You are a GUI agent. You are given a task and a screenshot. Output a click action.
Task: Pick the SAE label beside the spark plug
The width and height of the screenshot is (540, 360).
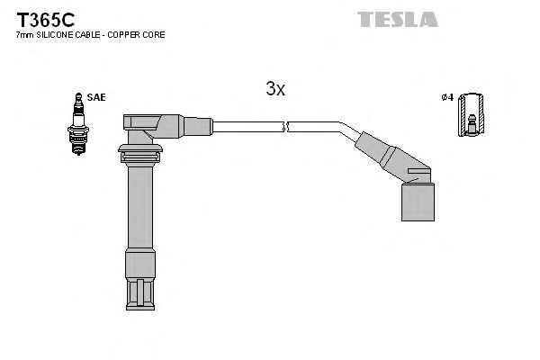pyautogui.click(x=95, y=96)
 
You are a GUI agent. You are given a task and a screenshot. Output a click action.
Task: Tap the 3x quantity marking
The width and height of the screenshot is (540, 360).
pyautogui.click(x=275, y=88)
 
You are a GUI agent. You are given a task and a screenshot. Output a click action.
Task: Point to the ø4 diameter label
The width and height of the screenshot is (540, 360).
pyautogui.click(x=447, y=96)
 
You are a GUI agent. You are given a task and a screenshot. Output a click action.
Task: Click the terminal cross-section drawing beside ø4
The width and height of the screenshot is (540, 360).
pyautogui.click(x=468, y=116)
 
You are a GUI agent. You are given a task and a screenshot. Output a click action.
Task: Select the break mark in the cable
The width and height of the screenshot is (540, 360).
pyautogui.click(x=284, y=126)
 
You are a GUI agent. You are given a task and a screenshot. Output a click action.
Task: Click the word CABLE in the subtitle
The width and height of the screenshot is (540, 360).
pyautogui.click(x=87, y=35)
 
